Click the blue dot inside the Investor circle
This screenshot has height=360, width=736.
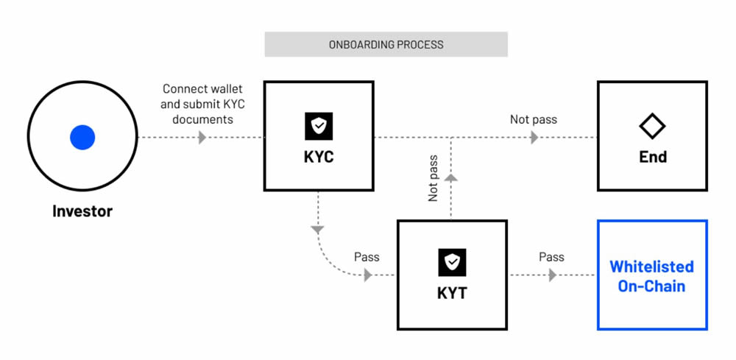82,138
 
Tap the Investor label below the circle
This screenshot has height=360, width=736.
82,211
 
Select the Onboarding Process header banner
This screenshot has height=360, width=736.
386,44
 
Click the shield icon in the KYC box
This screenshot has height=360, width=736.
319,127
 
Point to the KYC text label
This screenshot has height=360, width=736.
319,157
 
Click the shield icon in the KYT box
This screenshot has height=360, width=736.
452,262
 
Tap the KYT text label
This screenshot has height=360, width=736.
452,292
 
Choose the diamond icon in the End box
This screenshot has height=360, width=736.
652,127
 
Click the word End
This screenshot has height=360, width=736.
652,157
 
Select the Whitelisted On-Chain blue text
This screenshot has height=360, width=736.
652,275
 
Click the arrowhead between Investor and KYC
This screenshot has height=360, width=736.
202,138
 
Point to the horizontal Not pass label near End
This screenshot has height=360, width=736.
534,119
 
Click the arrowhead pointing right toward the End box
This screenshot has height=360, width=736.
534,138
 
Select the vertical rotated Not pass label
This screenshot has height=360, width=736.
434,177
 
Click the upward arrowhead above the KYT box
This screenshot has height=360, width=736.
452,177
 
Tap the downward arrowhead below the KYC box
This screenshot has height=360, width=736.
318,230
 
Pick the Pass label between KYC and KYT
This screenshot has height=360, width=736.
367,257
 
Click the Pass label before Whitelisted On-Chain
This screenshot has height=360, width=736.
551,257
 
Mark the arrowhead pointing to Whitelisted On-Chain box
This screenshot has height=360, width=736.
551,275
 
